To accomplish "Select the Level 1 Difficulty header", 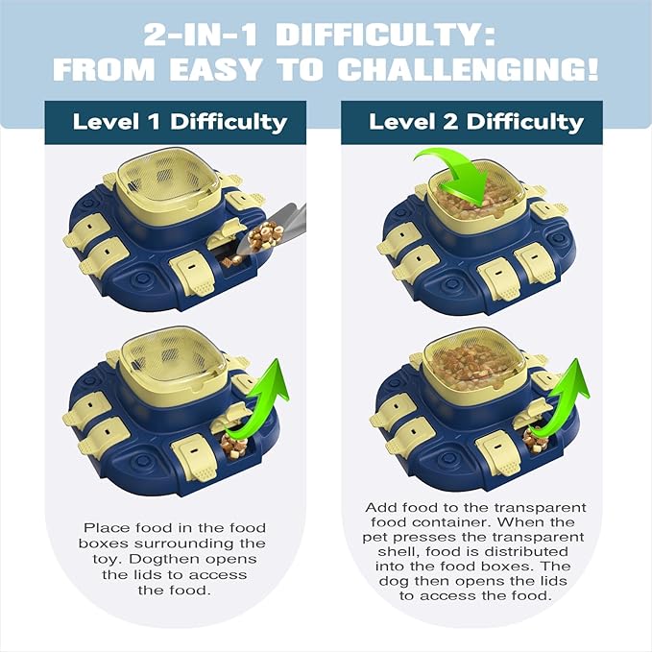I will [180, 122].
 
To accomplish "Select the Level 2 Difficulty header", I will [475, 122].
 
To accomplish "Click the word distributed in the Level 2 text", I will [492, 551].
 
